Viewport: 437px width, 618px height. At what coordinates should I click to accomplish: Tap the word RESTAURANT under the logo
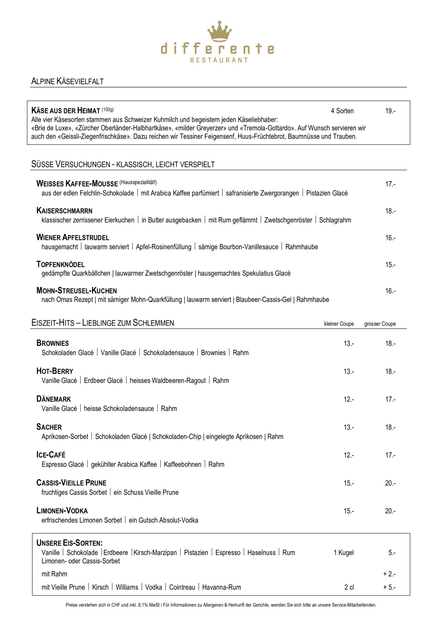219,60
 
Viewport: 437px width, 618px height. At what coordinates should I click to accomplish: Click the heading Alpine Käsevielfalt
68,81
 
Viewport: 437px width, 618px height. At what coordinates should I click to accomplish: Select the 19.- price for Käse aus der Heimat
390,111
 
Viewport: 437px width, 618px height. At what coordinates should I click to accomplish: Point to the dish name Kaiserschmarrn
64,211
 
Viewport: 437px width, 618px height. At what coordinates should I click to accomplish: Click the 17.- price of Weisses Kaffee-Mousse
390,184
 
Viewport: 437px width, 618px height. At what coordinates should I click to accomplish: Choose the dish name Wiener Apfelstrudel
73,237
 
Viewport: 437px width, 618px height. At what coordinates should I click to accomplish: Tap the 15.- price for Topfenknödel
390,265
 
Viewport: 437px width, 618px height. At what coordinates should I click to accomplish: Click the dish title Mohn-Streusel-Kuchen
77,290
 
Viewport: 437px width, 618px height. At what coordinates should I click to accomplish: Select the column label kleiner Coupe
339,324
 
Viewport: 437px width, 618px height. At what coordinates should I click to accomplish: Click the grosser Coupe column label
380,324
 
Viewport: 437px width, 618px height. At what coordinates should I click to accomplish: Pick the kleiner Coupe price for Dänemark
349,399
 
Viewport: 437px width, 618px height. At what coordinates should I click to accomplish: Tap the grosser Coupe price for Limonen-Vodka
390,511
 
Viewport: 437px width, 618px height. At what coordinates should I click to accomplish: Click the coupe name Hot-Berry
55,371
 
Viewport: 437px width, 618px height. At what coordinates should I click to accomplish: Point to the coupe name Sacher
49,427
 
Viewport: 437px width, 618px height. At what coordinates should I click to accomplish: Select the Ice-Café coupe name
51,455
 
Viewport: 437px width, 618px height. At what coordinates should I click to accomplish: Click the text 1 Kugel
343,553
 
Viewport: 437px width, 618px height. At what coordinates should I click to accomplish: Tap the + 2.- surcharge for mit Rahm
389,574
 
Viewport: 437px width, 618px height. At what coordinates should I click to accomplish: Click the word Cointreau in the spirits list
182,587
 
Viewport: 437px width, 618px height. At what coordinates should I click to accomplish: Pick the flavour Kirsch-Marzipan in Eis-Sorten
155,553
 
